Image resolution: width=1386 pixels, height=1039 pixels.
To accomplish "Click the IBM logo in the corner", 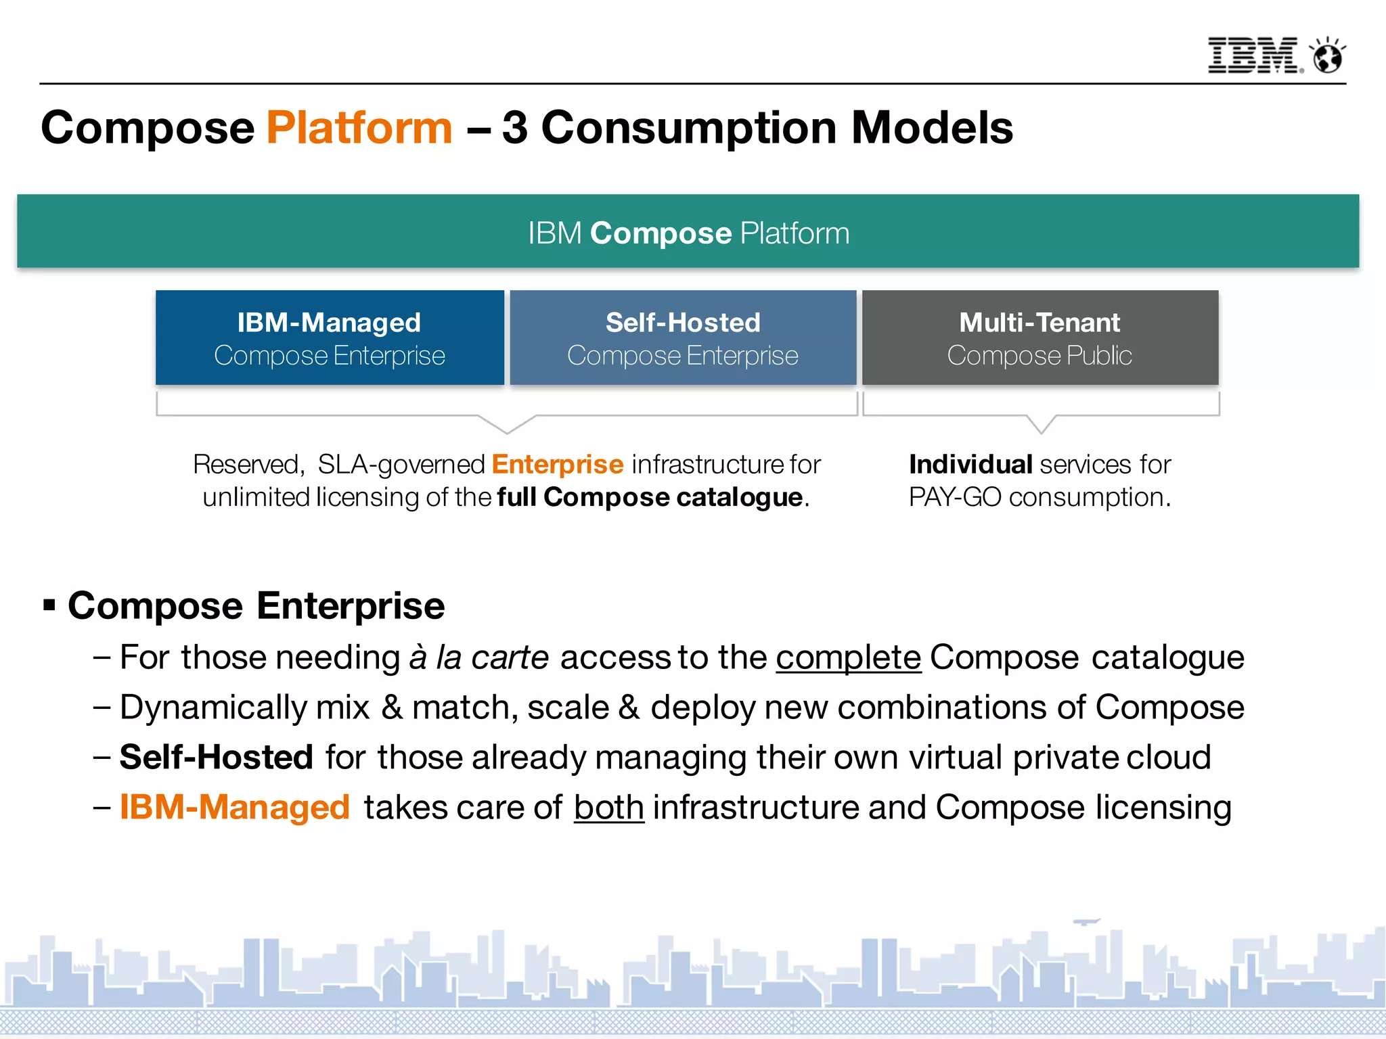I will tap(1253, 55).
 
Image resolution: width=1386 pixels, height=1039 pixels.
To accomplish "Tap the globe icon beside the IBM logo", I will tap(1328, 55).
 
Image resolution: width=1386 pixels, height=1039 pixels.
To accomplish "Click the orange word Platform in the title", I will tap(359, 128).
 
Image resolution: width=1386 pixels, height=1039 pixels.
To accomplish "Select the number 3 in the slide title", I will tap(515, 128).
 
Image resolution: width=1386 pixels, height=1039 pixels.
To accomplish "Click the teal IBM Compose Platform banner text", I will tap(688, 233).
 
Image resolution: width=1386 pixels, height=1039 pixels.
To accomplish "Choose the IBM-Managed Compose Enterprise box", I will tap(330, 338).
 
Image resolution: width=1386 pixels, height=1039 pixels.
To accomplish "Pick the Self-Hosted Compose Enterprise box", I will tap(683, 338).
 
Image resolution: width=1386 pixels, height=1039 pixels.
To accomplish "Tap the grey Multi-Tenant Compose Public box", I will tap(1040, 338).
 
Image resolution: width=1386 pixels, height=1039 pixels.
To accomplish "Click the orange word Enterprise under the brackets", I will tap(557, 465).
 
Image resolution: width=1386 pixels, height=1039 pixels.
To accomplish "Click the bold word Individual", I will tap(970, 465).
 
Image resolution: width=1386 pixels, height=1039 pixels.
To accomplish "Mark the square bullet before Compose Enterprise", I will tap(49, 604).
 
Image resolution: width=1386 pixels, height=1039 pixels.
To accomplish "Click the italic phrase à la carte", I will tap(478, 657).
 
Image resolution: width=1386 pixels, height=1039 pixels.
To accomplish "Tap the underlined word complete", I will tap(848, 657).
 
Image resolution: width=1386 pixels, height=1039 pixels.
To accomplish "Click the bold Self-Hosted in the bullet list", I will tap(216, 757).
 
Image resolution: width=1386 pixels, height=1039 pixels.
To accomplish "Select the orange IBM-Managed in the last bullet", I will tap(234, 807).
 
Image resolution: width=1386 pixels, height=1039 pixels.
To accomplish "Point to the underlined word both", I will tap(608, 807).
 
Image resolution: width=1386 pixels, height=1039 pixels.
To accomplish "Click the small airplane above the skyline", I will tap(1086, 921).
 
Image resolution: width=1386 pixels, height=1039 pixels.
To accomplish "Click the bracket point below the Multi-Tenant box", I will tap(1042, 430).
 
